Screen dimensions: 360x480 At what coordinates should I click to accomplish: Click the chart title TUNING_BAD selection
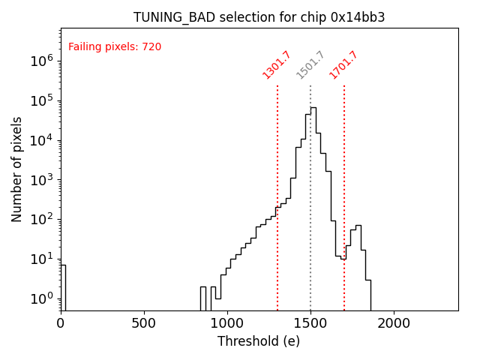coord(259,17)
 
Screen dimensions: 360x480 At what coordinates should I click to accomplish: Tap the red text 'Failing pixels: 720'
coord(115,47)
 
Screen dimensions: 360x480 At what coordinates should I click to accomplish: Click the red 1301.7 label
coord(277,64)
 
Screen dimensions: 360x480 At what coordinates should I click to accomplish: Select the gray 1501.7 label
coord(310,64)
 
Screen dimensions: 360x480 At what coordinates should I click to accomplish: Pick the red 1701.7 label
coord(343,64)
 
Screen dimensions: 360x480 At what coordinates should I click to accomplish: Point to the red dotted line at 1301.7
coord(277,225)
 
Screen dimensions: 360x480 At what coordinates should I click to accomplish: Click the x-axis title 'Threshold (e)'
coord(259,341)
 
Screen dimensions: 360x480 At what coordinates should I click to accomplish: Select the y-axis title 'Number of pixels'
coord(17,169)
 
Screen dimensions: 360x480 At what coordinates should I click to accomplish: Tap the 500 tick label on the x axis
coord(144,324)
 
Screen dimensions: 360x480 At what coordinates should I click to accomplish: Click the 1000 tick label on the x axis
coord(227,324)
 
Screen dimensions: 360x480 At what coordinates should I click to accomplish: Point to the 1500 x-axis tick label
coord(310,324)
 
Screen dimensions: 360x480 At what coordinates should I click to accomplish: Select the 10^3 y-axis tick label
coord(42,180)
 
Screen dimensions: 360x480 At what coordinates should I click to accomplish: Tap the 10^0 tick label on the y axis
coord(42,298)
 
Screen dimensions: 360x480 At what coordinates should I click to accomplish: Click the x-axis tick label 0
coord(61,324)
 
